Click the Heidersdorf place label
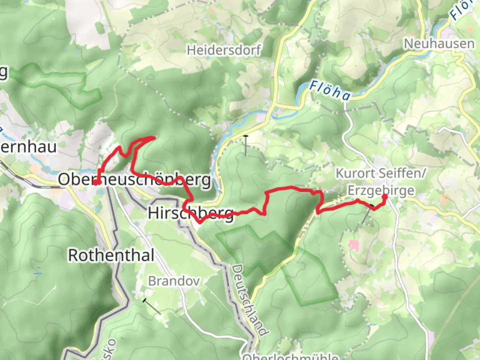coord(223,50)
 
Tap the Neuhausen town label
coord(439,44)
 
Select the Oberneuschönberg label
coord(135,180)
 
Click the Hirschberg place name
coord(191,213)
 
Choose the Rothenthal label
coord(111,256)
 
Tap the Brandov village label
coord(174,281)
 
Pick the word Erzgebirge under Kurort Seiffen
coord(381,191)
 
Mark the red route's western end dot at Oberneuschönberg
coord(95,182)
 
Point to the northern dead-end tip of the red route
coord(154,137)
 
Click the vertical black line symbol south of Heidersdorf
coord(246,145)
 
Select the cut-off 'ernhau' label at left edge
coord(28,147)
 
